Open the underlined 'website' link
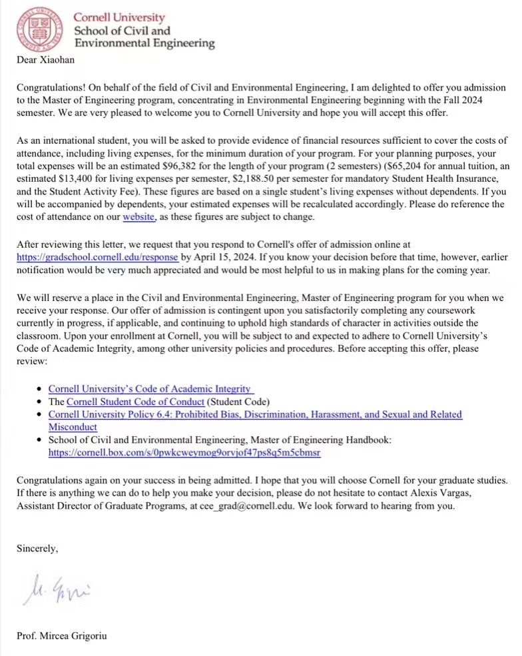click(138, 217)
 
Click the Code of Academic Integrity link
click(150, 388)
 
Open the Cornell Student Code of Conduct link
click(134, 402)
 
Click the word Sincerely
click(37, 549)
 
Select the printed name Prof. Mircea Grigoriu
click(63, 635)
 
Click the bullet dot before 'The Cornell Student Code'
click(41, 402)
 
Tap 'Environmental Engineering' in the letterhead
click(144, 43)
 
